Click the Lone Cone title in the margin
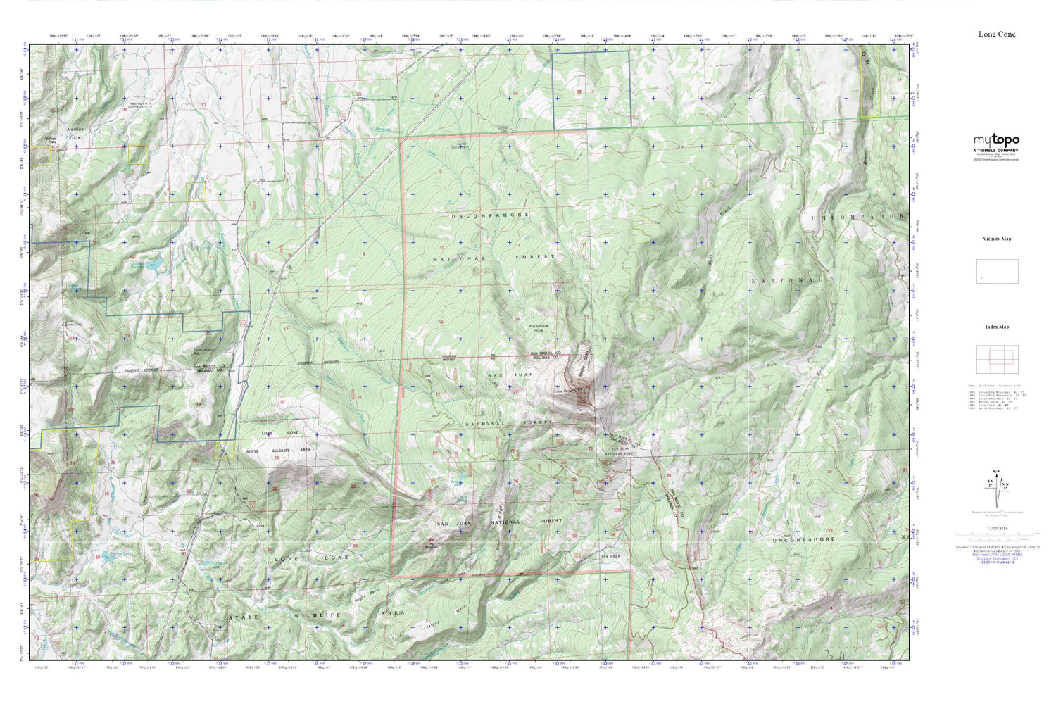coord(996,34)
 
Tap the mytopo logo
coord(996,140)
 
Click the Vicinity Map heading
coord(996,239)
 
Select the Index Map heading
coord(996,327)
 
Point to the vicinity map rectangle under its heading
coord(997,272)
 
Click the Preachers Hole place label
coord(539,327)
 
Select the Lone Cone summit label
coord(563,391)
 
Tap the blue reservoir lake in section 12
coord(156,265)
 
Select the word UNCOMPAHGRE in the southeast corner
coord(803,540)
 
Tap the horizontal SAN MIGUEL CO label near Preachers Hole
coord(544,353)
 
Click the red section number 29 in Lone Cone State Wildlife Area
coord(276,458)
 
